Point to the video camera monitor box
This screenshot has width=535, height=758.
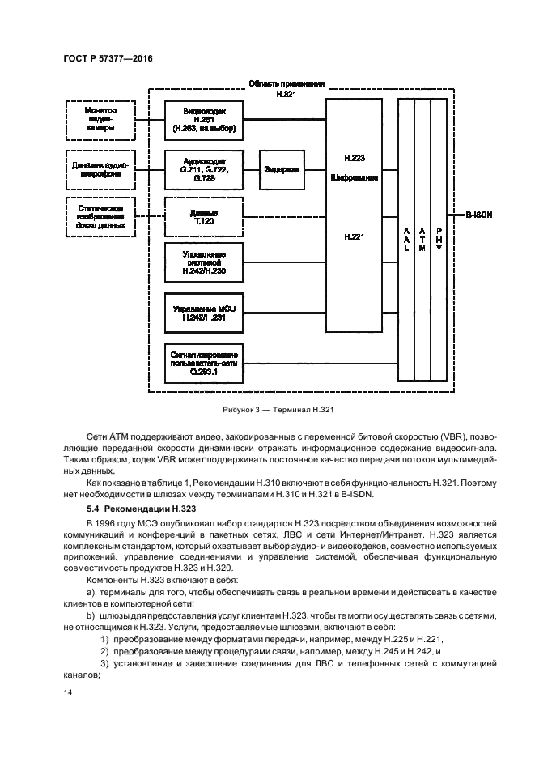[x=100, y=119]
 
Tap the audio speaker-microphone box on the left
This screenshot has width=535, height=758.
[x=100, y=169]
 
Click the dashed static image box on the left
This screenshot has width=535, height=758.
[x=100, y=216]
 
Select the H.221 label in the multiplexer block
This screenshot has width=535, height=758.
[x=352, y=237]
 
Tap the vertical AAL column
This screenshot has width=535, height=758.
[x=405, y=240]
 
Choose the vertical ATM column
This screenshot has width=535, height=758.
[x=422, y=240]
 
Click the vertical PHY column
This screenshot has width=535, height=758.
[x=439, y=240]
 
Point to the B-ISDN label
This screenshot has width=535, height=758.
[x=480, y=215]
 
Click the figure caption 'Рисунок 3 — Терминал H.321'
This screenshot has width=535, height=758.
[x=268, y=411]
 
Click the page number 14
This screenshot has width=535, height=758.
[x=66, y=693]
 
